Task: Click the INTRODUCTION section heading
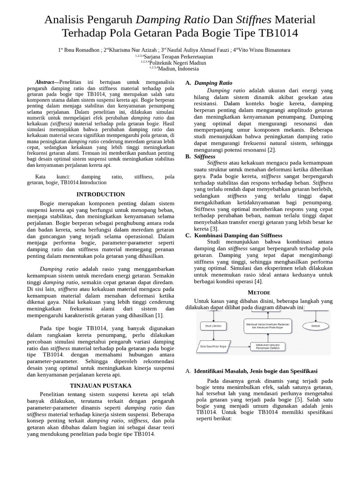[100, 195]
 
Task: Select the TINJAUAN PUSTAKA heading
[100, 386]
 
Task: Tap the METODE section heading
[259, 292]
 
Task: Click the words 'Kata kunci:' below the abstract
[52, 177]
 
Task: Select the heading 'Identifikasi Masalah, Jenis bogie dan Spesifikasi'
[256, 371]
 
